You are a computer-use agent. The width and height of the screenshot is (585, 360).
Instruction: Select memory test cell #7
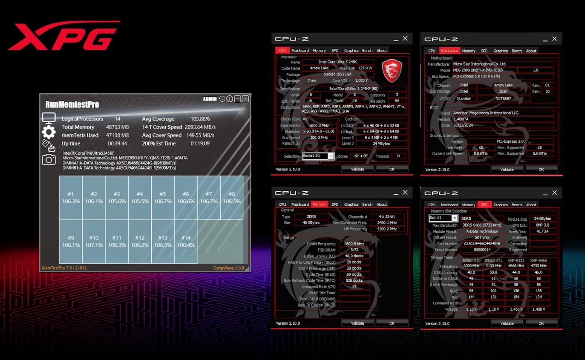tap(208, 197)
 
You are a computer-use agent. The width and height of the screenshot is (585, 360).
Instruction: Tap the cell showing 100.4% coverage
tap(185, 241)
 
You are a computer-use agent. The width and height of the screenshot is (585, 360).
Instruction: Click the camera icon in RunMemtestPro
tap(49, 159)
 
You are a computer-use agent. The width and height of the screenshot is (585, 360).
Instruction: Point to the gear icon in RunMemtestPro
tap(49, 132)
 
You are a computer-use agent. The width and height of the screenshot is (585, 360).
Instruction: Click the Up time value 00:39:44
tap(117, 143)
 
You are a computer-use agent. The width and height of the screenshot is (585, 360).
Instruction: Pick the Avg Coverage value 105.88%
tap(200, 119)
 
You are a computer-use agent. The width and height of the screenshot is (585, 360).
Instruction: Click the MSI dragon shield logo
tap(392, 70)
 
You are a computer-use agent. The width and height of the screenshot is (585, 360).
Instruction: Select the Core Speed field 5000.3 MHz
tap(319, 125)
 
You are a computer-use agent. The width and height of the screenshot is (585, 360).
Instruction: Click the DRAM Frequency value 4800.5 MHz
tap(354, 244)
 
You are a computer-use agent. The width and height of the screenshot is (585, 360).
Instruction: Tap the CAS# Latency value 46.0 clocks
tap(354, 256)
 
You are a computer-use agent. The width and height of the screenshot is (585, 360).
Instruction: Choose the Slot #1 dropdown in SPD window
tap(454, 218)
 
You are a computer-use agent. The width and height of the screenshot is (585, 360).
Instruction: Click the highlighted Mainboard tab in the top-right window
tap(449, 51)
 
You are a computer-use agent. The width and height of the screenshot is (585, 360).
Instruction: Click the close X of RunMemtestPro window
tap(245, 99)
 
